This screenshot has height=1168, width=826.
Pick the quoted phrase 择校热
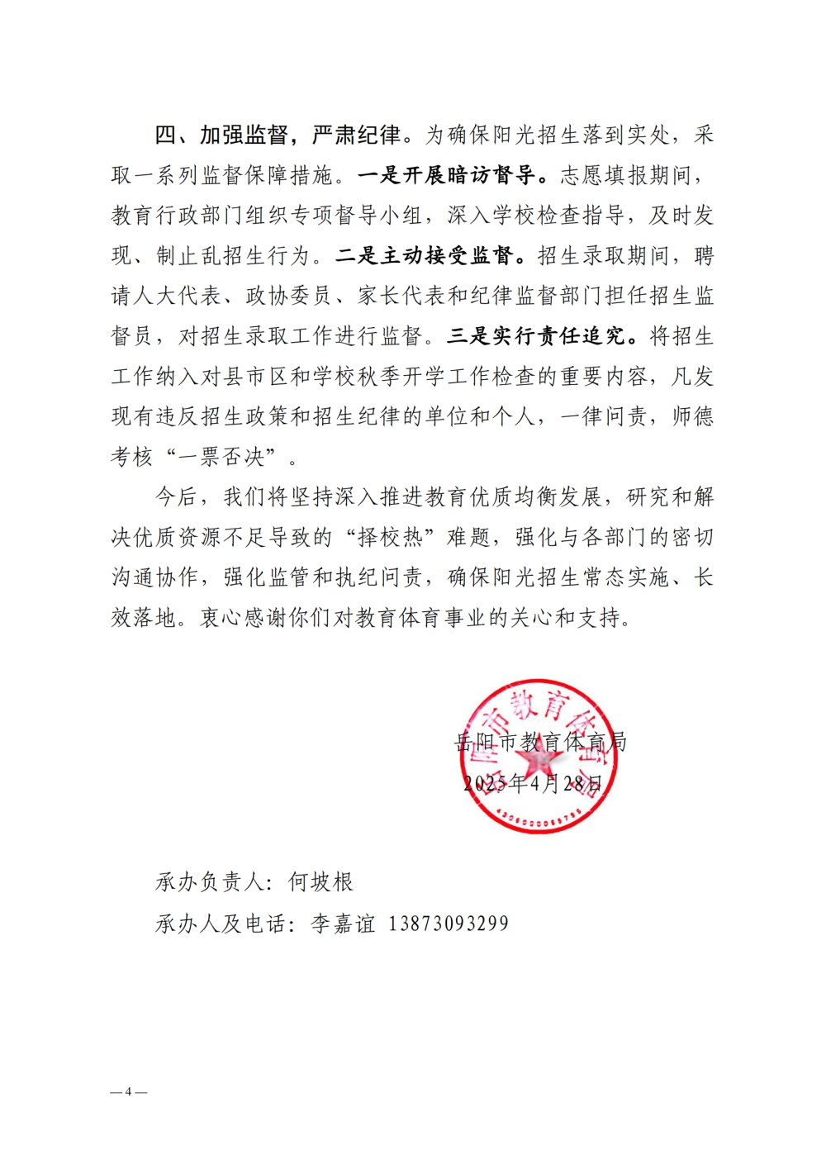[x=390, y=538]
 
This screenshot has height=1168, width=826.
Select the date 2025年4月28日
[x=533, y=783]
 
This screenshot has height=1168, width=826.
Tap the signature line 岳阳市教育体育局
[x=541, y=742]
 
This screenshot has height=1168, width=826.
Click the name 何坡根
[x=320, y=882]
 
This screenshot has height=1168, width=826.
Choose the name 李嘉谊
[x=343, y=923]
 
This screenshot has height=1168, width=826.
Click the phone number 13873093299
[x=448, y=923]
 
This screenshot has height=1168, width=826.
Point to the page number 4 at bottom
[x=128, y=1092]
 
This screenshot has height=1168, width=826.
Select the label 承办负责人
[x=210, y=882]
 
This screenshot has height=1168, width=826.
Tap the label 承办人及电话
[x=221, y=923]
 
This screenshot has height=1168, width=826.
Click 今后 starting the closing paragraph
[x=176, y=497]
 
